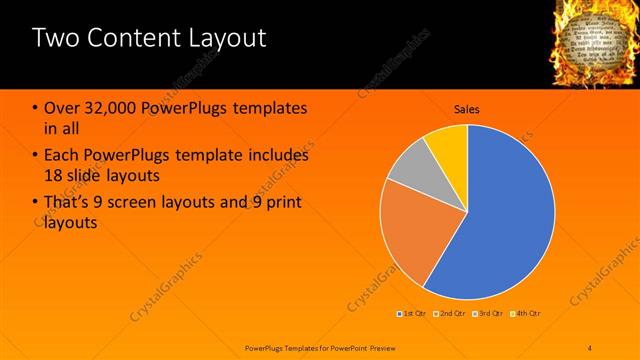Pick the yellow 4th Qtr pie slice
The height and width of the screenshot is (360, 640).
pos(448,146)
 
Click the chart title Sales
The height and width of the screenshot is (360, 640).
pos(467,108)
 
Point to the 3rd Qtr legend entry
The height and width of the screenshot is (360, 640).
pos(489,313)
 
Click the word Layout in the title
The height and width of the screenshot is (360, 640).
pos(223,39)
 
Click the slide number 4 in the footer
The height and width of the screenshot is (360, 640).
pos(590,346)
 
